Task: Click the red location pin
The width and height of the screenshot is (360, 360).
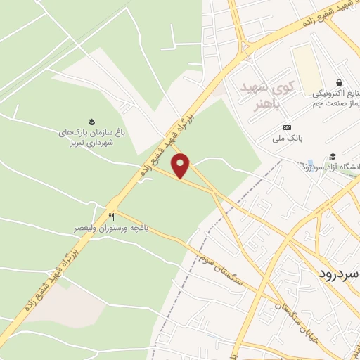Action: coord(181,165)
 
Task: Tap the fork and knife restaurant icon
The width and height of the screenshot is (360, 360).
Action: coord(110,217)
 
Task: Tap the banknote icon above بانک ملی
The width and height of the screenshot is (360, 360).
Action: coord(287,127)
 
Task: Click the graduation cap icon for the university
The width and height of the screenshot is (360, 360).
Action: coord(333,156)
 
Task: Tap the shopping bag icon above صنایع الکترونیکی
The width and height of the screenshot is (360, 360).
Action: coord(340,82)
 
